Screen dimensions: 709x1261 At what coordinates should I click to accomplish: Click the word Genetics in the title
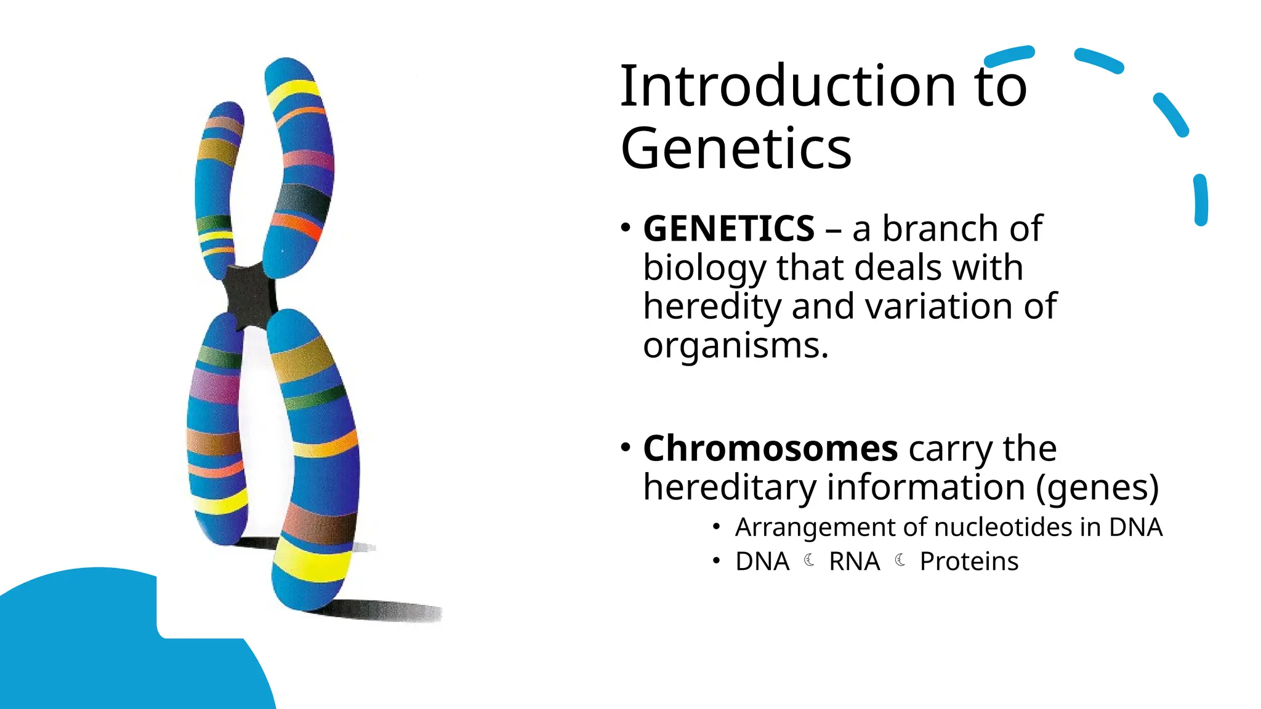click(736, 149)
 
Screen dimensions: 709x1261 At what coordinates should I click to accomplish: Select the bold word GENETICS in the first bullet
click(729, 229)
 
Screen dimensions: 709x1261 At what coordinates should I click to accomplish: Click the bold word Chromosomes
click(770, 448)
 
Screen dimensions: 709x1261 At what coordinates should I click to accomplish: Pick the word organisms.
click(735, 345)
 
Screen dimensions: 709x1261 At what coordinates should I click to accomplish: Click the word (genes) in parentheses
click(1097, 487)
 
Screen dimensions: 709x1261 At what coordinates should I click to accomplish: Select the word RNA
click(855, 561)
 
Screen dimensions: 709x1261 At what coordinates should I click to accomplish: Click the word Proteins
click(969, 561)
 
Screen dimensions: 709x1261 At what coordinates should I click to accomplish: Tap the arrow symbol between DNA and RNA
click(810, 560)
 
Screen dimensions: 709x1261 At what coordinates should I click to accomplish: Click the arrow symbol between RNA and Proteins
click(900, 560)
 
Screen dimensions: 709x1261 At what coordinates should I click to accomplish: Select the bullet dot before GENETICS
click(626, 228)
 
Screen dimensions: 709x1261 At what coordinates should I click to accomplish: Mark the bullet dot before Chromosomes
click(626, 447)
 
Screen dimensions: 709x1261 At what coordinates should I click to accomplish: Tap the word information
click(926, 487)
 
